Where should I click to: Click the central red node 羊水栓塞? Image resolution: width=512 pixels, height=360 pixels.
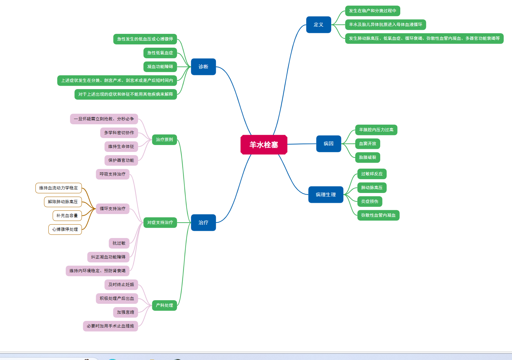[x=264, y=145]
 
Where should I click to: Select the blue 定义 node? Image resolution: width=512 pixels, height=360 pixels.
[x=318, y=25]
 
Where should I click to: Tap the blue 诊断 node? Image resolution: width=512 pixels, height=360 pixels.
[x=203, y=67]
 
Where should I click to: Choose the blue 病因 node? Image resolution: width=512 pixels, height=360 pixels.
[x=328, y=144]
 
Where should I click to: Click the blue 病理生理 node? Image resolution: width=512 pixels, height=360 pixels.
[x=326, y=195]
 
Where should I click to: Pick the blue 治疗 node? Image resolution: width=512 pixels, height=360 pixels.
[x=203, y=223]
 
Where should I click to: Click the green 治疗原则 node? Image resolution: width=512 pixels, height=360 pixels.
[x=164, y=140]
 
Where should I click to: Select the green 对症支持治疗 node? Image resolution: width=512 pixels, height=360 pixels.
[x=160, y=223]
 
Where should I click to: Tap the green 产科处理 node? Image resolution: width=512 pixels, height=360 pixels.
[x=164, y=305]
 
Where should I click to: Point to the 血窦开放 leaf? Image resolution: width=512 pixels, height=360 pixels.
[x=367, y=144]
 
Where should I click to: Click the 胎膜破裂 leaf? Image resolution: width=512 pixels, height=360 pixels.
[x=367, y=157]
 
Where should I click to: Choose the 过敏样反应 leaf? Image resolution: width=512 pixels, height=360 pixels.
[x=372, y=174]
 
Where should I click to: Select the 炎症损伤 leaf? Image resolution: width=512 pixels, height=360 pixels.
[x=369, y=202]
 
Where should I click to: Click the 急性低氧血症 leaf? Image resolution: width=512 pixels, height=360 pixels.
[x=160, y=53]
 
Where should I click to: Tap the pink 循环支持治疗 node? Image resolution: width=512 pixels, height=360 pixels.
[x=112, y=209]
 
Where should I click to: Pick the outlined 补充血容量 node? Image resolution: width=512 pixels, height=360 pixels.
[x=67, y=216]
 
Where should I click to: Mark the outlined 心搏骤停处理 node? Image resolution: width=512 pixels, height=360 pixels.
[x=65, y=229]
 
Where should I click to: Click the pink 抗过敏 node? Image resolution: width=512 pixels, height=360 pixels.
[x=119, y=243]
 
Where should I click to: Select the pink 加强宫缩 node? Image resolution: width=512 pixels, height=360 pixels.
[x=126, y=312]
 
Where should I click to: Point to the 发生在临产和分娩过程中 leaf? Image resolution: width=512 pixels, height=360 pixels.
[x=372, y=11]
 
